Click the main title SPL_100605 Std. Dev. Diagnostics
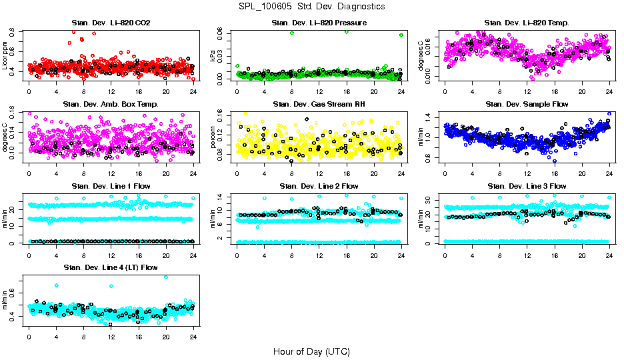point(311,7)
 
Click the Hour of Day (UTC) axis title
point(311,351)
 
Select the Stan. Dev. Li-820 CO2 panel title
point(111,23)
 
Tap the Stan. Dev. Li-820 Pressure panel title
point(319,23)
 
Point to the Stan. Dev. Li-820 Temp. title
point(527,23)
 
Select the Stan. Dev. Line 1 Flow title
point(111,185)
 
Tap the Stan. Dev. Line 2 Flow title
point(319,185)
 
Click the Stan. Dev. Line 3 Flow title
point(527,185)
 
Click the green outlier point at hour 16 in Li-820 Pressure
point(347,31)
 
